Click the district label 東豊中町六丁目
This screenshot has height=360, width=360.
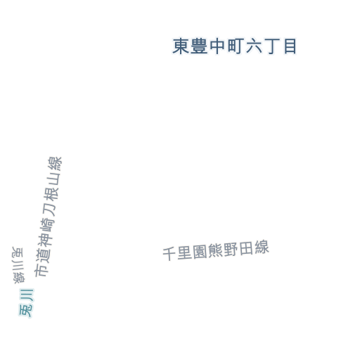click(235, 46)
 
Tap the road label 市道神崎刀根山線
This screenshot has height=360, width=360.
click(48, 217)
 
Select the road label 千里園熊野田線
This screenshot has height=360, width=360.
click(216, 250)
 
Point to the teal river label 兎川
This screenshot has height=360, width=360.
click(26, 303)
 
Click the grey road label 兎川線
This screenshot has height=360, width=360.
click(18, 265)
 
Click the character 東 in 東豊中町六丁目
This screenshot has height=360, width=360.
click(181, 46)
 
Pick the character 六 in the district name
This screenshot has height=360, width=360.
click(254, 46)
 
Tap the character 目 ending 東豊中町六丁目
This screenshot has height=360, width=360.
click(290, 46)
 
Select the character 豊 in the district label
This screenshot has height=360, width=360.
click(199, 46)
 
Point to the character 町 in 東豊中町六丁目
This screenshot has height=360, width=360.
click(235, 46)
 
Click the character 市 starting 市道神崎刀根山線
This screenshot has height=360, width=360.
click(41, 270)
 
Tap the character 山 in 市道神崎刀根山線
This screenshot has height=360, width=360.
click(53, 180)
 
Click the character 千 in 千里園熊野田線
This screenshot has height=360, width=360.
click(169, 254)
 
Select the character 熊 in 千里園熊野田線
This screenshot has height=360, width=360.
click(216, 250)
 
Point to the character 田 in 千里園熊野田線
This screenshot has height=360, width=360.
click(246, 249)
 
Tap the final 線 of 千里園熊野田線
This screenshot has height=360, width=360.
click(262, 247)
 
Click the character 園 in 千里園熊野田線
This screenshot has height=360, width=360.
click(200, 252)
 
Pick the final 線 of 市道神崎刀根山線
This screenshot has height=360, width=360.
click(55, 165)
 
